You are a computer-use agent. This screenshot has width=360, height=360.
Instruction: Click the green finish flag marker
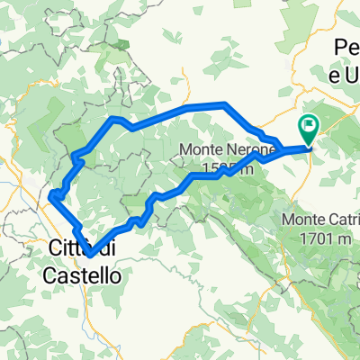point(308,131)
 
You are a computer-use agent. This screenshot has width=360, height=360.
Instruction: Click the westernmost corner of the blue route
point(52,194)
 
